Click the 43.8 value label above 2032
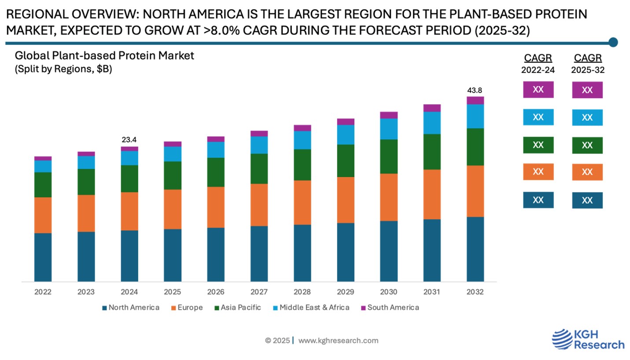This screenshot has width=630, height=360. (475, 90)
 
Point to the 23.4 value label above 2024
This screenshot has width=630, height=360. (129, 140)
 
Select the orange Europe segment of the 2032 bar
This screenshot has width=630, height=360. (475, 191)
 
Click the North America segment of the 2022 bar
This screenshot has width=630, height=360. (43, 257)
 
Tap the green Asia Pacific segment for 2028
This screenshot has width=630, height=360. (302, 165)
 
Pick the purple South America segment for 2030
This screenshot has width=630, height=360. (389, 115)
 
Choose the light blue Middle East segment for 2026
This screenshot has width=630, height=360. (216, 150)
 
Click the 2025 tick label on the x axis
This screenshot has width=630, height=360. (172, 292)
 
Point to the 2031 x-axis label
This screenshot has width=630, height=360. (432, 292)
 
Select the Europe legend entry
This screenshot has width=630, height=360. (187, 308)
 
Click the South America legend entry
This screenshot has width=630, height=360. (390, 308)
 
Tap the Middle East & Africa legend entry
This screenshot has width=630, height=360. (311, 308)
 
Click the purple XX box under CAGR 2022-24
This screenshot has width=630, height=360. (538, 89)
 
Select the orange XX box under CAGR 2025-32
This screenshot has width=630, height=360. (587, 172)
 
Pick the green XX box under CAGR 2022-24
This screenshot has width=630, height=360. (538, 145)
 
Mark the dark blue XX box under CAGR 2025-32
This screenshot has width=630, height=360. (587, 200)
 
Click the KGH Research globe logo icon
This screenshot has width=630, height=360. (562, 340)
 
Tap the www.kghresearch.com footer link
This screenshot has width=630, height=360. (338, 340)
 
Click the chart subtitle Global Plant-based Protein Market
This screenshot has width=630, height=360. (104, 56)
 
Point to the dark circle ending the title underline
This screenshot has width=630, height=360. (613, 42)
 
